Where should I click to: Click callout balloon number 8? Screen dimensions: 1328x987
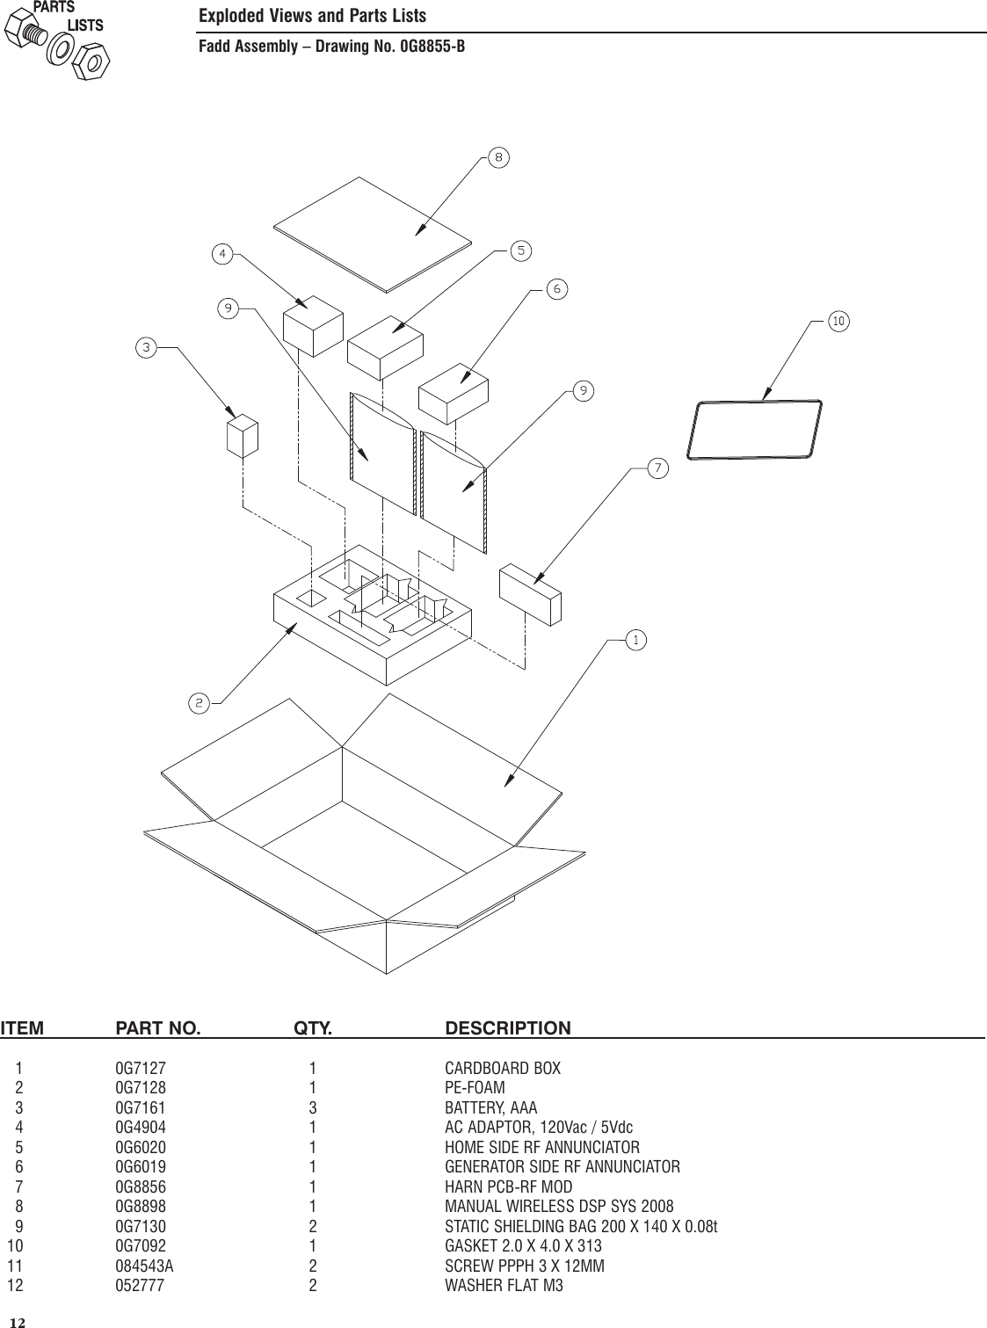pyautogui.click(x=498, y=158)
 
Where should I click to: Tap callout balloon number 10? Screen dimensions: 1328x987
pyautogui.click(x=838, y=322)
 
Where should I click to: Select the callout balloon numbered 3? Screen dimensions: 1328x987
pyautogui.click(x=146, y=348)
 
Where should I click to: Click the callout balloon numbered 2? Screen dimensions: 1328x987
pyautogui.click(x=200, y=702)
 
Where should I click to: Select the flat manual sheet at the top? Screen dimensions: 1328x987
pyautogui.click(x=372, y=232)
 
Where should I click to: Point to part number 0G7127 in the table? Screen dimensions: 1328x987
pyautogui.click(x=141, y=1069)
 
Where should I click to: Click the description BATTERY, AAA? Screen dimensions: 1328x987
pyautogui.click(x=490, y=1108)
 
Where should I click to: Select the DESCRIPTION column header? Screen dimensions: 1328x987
pyautogui.click(x=508, y=1028)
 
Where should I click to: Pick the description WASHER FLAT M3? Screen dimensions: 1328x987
pyautogui.click(x=504, y=1286)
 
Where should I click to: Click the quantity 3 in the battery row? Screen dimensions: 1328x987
pyautogui.click(x=312, y=1108)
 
